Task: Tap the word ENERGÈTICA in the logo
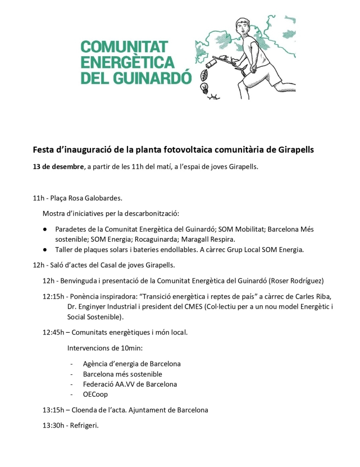[x=127, y=62]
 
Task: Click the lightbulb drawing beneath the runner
[x=204, y=87]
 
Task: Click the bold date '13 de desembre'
[x=58, y=166]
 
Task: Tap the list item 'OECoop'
[x=95, y=394]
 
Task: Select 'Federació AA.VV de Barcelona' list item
[x=130, y=384]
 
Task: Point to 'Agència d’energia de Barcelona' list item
[x=131, y=364]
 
